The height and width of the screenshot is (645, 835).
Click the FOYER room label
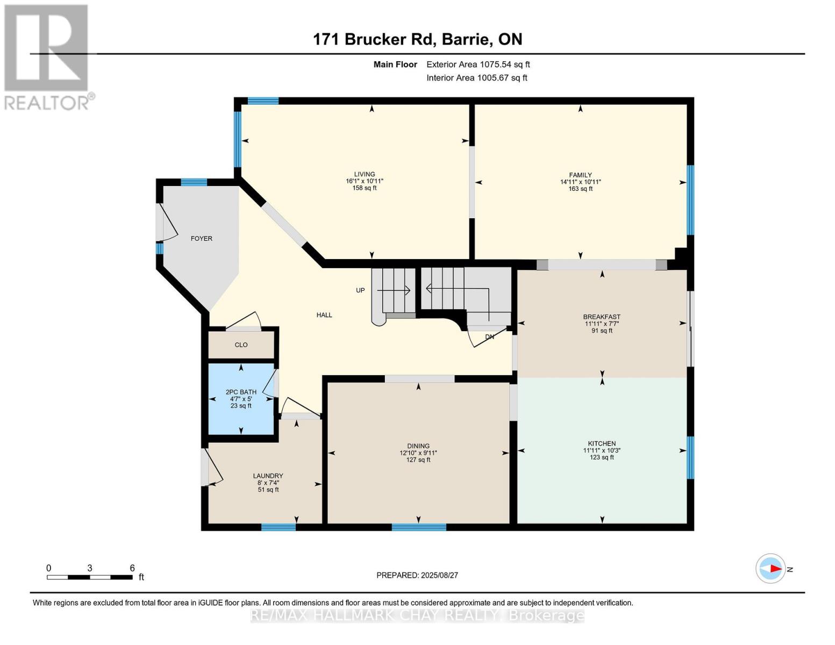pos(201,239)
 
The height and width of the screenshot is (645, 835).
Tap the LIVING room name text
pos(364,174)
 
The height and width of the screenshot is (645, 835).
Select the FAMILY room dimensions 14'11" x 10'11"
pos(580,182)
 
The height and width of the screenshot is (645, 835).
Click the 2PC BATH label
pos(241,392)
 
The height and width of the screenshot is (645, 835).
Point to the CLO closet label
pos(241,345)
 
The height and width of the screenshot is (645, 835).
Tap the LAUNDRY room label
pos(268,476)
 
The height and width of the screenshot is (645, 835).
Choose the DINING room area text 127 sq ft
pos(418,460)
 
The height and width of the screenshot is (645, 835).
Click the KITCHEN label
pos(602,444)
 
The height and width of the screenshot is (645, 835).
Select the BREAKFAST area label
pos(602,317)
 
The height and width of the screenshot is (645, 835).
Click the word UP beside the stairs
pos(360,290)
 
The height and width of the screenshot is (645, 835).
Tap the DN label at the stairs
pos(489,337)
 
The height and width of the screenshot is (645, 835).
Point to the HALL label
pos(324,315)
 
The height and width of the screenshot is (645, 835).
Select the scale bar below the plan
pos(89,577)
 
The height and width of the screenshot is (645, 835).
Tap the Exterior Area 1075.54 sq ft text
pos(478,64)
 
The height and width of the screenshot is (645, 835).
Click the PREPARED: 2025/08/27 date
pos(417,575)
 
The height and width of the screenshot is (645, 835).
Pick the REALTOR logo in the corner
pos(47,56)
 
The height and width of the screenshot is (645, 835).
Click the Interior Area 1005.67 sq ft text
pos(476,78)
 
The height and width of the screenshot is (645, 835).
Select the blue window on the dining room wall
pos(419,527)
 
